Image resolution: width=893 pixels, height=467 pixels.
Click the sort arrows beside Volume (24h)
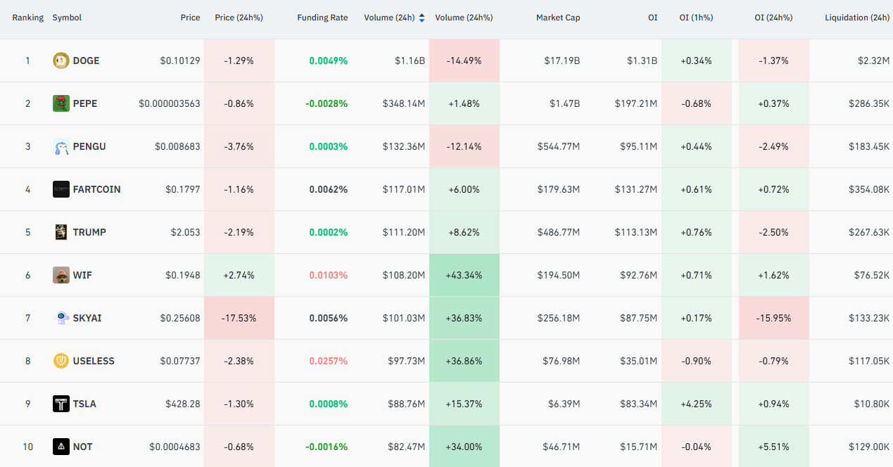(x=422, y=18)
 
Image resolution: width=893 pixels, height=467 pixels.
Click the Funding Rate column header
(x=322, y=18)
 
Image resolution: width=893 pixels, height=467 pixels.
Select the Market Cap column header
(x=558, y=18)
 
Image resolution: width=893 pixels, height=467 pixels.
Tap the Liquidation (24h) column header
(x=857, y=18)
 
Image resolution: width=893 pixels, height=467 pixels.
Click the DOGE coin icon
(x=61, y=60)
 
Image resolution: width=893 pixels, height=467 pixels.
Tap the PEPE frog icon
(x=61, y=103)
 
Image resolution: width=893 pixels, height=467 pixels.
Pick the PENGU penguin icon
(x=61, y=146)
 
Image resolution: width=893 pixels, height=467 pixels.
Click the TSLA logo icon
(x=61, y=404)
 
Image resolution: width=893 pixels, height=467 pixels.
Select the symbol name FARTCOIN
(x=96, y=189)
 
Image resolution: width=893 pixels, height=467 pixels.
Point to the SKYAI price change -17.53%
(x=239, y=318)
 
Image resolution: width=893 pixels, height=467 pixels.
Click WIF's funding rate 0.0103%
(x=328, y=275)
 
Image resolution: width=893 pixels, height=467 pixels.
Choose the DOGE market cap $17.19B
(x=562, y=60)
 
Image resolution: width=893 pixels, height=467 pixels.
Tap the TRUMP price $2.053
(x=185, y=232)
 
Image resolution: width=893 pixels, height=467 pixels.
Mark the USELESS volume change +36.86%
(x=464, y=361)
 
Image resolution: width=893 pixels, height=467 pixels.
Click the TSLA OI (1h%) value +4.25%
(x=696, y=404)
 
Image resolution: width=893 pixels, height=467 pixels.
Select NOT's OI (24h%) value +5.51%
(x=773, y=447)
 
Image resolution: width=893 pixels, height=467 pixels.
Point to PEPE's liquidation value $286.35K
(x=869, y=103)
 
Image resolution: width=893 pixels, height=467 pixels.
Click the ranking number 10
(x=28, y=447)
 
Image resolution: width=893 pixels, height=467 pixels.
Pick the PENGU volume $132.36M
(x=404, y=146)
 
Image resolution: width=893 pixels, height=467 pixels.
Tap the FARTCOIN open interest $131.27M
(x=636, y=189)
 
